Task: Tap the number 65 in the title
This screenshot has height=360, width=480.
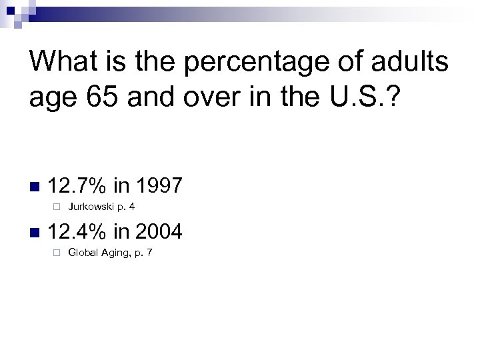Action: (93, 98)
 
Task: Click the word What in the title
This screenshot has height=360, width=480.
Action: (60, 63)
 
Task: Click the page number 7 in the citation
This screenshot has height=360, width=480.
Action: (149, 255)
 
